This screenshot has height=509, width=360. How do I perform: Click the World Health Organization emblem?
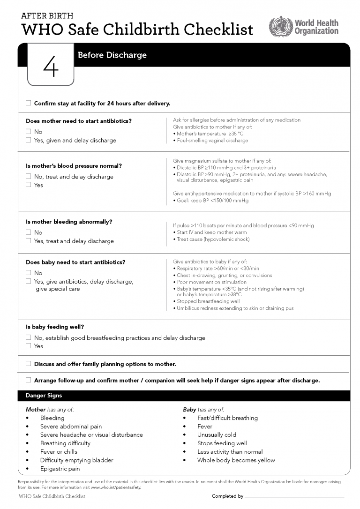280,26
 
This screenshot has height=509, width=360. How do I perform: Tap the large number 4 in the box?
51,68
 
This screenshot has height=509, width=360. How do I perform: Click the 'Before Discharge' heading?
112,55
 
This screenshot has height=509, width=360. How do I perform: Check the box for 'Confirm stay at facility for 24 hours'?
28,103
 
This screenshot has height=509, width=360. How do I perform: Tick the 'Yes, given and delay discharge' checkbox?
28,140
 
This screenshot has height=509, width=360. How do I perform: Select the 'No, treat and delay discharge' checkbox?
28,177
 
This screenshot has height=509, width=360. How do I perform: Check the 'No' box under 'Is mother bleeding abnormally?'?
28,232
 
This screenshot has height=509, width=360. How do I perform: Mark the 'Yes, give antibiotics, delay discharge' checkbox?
28,282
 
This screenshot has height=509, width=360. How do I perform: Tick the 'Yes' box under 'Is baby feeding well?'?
28,346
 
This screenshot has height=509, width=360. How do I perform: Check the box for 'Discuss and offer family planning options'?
28,364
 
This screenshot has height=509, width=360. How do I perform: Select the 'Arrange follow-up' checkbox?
28,380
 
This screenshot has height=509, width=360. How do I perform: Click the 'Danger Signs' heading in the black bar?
44,396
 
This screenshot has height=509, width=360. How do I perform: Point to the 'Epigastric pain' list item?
60,469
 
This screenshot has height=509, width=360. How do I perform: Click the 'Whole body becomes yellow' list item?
236,460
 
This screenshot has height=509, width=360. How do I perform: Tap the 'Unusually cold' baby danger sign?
217,435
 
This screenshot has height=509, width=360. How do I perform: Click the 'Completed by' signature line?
294,496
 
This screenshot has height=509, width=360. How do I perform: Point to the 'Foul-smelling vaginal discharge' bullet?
212,141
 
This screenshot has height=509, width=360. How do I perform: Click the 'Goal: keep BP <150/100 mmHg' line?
212,201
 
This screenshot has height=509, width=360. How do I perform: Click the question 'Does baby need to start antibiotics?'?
75,262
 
